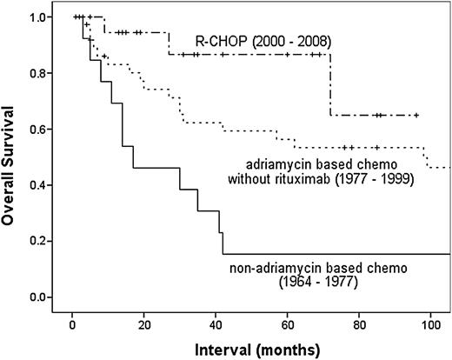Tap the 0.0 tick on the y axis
pyautogui.click(x=40, y=297)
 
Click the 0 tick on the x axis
pyautogui.click(x=72, y=323)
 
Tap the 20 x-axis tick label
pyautogui.click(x=143, y=323)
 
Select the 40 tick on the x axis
pyautogui.click(x=216, y=323)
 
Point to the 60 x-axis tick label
pyautogui.click(x=288, y=323)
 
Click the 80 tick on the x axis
pyautogui.click(x=360, y=323)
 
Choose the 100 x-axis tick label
pyautogui.click(x=431, y=323)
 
